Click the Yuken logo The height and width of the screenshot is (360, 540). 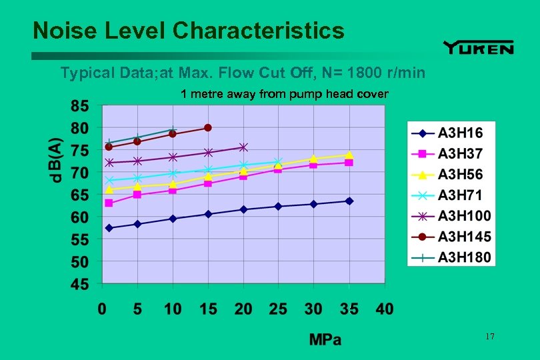click(478, 47)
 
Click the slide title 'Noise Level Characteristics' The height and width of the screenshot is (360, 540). click(189, 30)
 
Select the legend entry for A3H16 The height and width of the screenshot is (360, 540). click(451, 133)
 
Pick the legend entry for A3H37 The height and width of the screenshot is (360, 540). click(451, 153)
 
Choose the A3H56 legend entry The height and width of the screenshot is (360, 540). click(451, 174)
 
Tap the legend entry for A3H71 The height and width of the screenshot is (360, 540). click(451, 195)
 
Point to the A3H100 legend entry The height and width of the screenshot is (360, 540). click(451, 215)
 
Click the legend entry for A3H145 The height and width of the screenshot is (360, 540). click(451, 236)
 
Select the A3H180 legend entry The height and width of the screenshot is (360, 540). click(451, 257)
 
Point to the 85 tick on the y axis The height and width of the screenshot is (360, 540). click(79, 105)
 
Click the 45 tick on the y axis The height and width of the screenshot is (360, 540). click(79, 285)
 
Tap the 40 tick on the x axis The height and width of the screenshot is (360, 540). click(384, 309)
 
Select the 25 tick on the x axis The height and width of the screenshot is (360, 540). click(278, 309)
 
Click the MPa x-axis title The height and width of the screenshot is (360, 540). click(325, 340)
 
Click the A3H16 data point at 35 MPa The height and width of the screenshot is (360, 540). click(349, 201)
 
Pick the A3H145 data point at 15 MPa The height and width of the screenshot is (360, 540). click(208, 127)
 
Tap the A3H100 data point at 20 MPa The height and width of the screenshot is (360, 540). click(243, 147)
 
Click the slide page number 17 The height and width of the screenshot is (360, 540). click(490, 337)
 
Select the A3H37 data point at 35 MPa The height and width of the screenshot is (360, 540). click(349, 163)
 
